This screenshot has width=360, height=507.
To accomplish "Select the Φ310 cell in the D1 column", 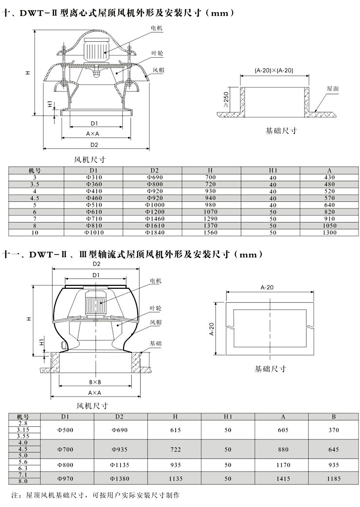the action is (x=94, y=177).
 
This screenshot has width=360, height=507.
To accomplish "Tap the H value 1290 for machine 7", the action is (x=211, y=219).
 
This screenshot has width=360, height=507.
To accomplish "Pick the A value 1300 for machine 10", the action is (x=329, y=232).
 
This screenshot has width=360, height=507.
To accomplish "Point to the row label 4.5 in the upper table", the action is (x=35, y=198).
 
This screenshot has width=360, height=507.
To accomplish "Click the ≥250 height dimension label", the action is (x=226, y=100).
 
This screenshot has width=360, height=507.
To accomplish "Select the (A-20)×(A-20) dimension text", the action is (x=274, y=70).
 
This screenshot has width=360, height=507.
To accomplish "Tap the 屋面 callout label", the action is (x=333, y=88).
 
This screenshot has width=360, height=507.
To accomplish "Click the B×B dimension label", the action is (x=95, y=382).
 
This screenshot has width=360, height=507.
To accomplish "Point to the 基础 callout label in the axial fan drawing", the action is (x=155, y=343).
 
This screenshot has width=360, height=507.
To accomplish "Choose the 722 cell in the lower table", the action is (x=176, y=450).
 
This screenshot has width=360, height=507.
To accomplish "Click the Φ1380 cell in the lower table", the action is (x=120, y=478).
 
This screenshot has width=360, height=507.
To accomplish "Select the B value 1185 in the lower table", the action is (x=334, y=478).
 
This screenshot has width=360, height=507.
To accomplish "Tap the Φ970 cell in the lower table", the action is (x=65, y=478).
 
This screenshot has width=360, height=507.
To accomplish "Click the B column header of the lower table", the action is (x=334, y=417).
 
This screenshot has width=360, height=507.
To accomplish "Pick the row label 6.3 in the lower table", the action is (x=23, y=468).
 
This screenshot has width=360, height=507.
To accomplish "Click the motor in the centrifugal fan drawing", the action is (x=96, y=51).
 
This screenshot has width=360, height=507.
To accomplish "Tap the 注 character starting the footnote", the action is (x=14, y=495).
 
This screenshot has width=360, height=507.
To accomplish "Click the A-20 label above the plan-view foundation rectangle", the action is (x=267, y=287).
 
